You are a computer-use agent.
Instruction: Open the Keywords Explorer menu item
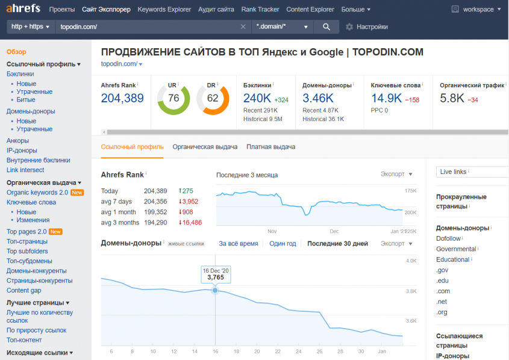[164, 10]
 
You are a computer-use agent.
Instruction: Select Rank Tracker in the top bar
[260, 10]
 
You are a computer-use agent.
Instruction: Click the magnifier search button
[326, 27]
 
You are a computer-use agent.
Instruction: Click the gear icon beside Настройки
[349, 27]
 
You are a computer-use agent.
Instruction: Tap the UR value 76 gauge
[173, 98]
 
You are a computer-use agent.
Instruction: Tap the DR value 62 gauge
[213, 98]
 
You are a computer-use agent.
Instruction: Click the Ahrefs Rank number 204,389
[122, 98]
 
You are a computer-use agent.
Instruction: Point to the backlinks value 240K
[257, 98]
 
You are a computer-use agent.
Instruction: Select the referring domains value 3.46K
[317, 98]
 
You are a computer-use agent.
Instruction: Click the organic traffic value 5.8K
[452, 98]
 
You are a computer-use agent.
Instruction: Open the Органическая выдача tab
[205, 146]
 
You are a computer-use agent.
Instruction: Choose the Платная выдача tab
[270, 146]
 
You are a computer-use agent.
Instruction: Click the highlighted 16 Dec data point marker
[215, 290]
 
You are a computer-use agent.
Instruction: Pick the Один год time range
[283, 244]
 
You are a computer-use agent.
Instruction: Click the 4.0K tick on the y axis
[411, 261]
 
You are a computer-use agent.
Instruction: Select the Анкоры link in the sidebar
[17, 141]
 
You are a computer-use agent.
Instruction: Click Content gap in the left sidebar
[23, 291]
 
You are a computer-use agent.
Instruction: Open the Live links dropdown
[472, 172]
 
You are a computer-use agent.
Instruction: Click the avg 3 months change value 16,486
[190, 223]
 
